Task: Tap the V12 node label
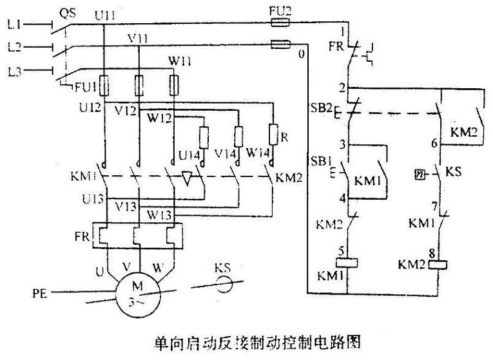pyautogui.click(x=126, y=111)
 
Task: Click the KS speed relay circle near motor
pyautogui.click(x=223, y=283)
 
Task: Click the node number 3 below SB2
pyautogui.click(x=343, y=146)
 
